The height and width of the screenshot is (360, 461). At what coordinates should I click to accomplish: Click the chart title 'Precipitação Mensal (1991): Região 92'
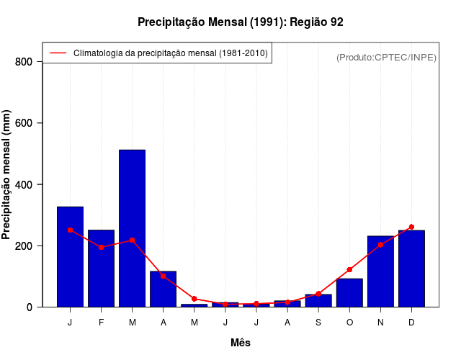[240, 22]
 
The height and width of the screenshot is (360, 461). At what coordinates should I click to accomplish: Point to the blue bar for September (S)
[318, 300]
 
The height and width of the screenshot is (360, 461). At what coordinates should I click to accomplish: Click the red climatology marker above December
[411, 227]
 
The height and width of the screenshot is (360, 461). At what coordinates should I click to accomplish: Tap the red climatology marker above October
[349, 269]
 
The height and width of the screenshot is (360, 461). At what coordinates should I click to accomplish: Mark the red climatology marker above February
[101, 247]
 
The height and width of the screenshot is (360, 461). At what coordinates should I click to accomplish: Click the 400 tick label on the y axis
[23, 184]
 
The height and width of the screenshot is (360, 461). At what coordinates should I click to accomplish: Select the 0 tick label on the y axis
[28, 307]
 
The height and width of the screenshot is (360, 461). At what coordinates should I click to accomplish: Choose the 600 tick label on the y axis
[23, 123]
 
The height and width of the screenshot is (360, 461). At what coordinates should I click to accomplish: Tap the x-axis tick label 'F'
[101, 322]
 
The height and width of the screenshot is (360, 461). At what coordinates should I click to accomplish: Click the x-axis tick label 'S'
[318, 322]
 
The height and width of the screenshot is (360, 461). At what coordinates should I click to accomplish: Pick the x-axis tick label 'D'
[411, 322]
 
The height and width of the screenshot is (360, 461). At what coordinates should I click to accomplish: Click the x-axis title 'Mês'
[240, 343]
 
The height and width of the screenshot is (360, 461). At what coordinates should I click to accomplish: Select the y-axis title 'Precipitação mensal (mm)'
[7, 180]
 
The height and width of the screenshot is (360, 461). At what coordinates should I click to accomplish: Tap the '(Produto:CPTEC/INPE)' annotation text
[386, 57]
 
